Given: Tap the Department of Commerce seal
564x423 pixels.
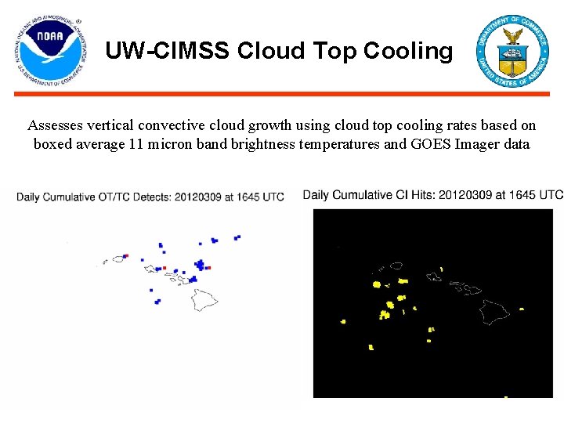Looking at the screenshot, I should [x=513, y=50].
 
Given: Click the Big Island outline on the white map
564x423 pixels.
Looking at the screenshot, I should [x=205, y=298].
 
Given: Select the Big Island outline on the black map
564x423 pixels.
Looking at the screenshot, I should [x=494, y=311].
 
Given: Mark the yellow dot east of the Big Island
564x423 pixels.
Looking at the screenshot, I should [x=521, y=309].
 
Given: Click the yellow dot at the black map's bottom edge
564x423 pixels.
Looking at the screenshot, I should [x=505, y=396].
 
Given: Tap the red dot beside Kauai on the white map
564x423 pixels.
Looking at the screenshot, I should [x=125, y=255].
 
